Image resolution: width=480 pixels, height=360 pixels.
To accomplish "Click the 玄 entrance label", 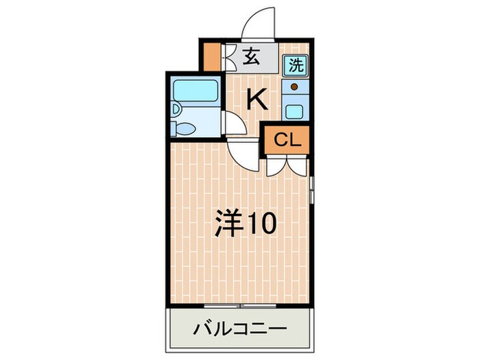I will click(x=252, y=58).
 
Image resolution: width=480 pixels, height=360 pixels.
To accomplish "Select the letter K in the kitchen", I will click(x=256, y=100).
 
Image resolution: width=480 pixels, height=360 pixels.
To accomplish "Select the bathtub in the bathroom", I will click(x=195, y=91).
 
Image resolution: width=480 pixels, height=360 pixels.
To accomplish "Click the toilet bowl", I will click(x=187, y=128).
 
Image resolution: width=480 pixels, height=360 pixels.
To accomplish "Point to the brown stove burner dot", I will click(x=295, y=87).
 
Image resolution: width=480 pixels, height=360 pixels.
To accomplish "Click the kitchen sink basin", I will click(x=295, y=111).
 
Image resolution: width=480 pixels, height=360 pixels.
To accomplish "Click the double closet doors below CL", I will click(x=287, y=165).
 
